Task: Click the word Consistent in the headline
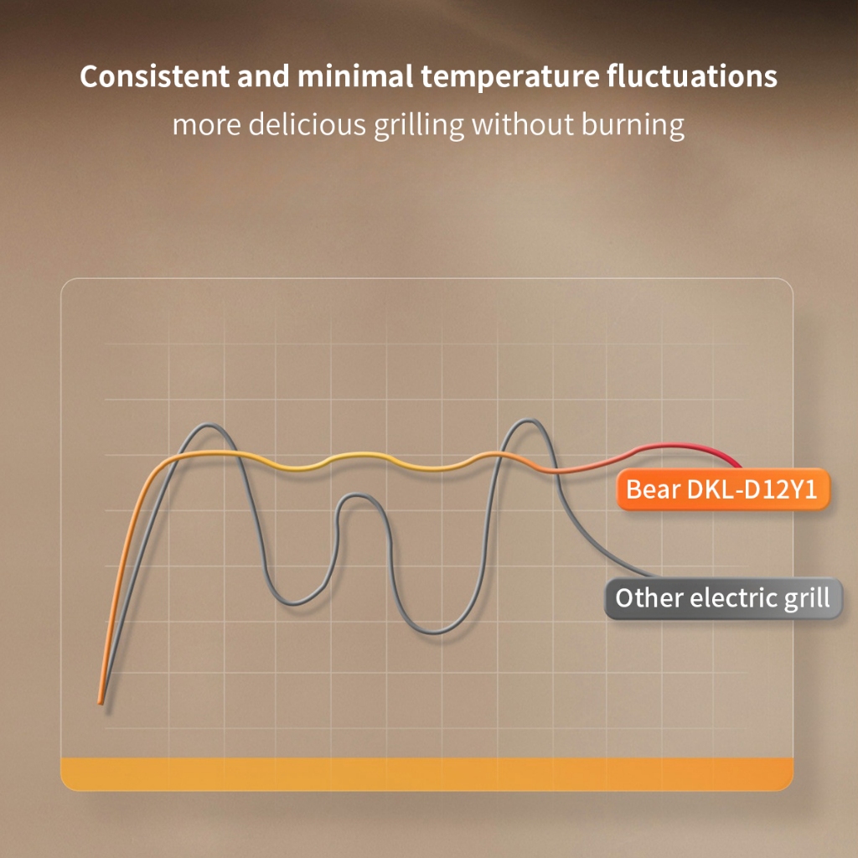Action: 154,76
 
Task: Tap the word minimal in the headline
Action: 355,76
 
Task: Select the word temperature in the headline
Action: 510,77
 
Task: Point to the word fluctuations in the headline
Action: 691,76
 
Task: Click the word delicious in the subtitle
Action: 307,124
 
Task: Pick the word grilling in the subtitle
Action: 419,126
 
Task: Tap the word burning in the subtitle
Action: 633,126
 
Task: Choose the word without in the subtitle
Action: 523,124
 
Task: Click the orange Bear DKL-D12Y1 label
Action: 723,489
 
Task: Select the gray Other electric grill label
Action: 723,597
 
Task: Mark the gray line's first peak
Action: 207,425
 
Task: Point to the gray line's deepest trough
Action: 434,632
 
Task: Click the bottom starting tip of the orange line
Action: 101,703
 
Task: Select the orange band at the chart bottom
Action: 426,773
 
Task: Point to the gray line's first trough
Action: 292,603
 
